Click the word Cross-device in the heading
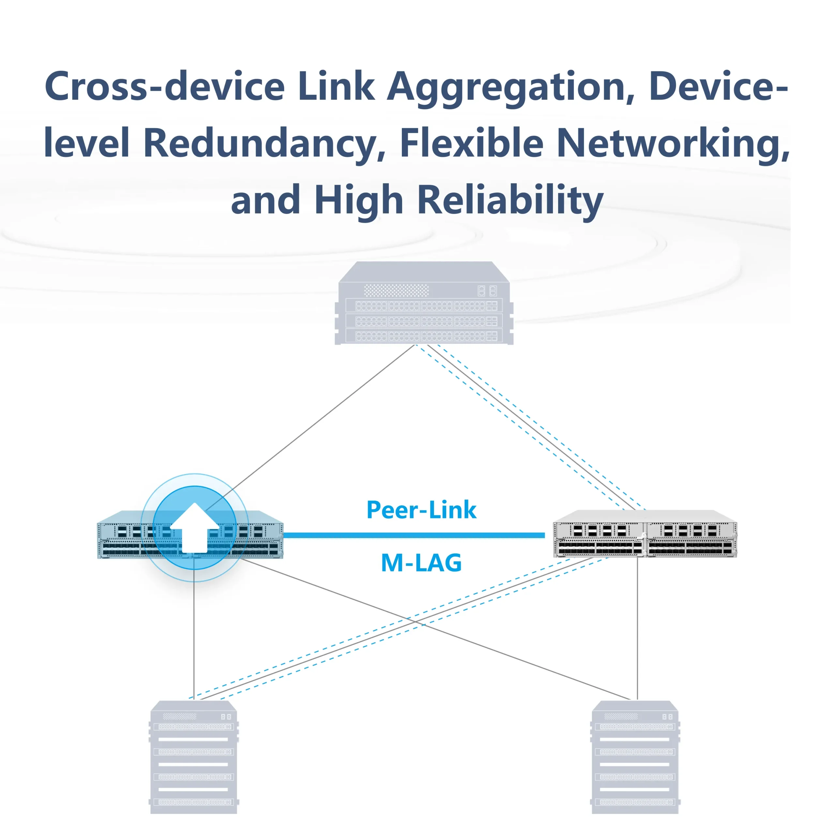[164, 86]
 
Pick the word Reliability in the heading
[510, 200]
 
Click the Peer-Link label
[421, 510]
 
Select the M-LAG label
[421, 563]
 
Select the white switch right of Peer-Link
[645, 534]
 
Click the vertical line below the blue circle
[194, 640]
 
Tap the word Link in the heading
[336, 86]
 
